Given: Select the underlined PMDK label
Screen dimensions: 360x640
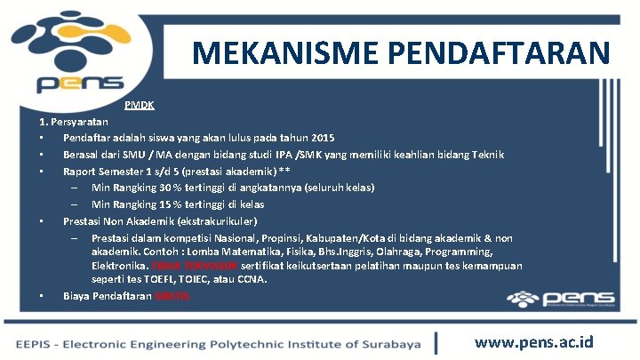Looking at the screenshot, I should [x=140, y=105].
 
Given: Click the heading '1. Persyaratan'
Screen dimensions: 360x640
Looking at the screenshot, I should [x=74, y=121].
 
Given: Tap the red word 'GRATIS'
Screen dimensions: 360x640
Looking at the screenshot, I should [x=172, y=296].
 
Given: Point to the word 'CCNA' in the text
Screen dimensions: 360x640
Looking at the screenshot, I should [x=252, y=279].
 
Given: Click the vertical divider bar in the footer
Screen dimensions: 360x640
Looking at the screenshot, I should [x=436, y=343].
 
